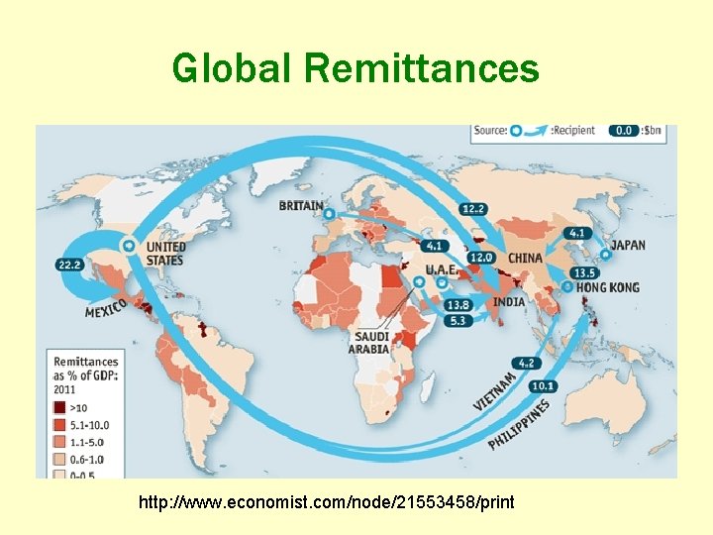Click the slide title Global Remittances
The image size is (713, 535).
coord(356,68)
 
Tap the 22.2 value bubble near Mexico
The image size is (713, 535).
coord(69,265)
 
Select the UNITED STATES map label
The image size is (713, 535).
coord(164,253)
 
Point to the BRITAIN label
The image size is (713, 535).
coord(301,206)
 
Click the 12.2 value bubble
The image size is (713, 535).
coord(473,208)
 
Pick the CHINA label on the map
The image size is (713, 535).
coord(525,258)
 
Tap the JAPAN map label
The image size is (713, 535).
coord(629,245)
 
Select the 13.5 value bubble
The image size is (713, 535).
coord(585,272)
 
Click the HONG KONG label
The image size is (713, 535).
coord(608,287)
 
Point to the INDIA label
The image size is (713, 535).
coord(509,301)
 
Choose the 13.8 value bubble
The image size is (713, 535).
coord(458,305)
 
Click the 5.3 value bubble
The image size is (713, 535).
coord(458,321)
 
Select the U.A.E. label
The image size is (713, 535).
coord(441,269)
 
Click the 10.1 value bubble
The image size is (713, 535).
coord(543,385)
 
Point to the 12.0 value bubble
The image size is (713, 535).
coord(480,258)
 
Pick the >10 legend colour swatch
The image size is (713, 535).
coord(60,407)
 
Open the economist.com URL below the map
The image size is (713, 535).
coord(327,502)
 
